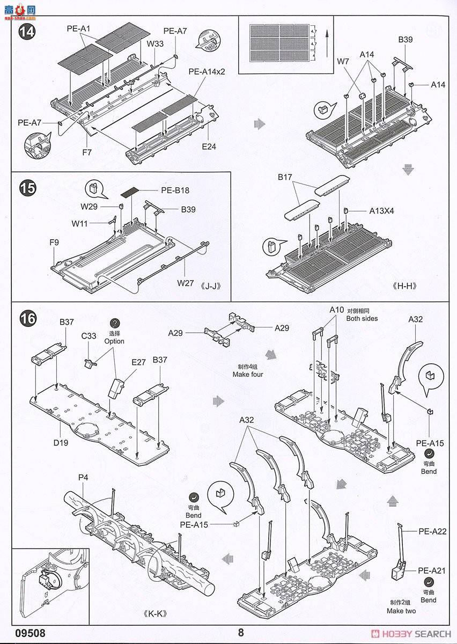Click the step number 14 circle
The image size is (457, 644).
click(x=26, y=31)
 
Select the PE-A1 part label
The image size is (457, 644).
click(x=79, y=28)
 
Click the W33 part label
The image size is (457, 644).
click(x=155, y=44)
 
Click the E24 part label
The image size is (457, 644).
click(x=209, y=146)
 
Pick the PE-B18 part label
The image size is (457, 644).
click(x=175, y=190)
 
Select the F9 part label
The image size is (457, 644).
click(x=54, y=243)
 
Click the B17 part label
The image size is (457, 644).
click(x=285, y=177)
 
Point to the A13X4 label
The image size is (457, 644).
click(x=381, y=211)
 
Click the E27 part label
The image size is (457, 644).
click(x=139, y=362)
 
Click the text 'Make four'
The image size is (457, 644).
click(x=247, y=374)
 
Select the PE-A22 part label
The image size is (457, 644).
click(x=432, y=531)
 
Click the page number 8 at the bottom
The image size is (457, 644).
click(x=241, y=633)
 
